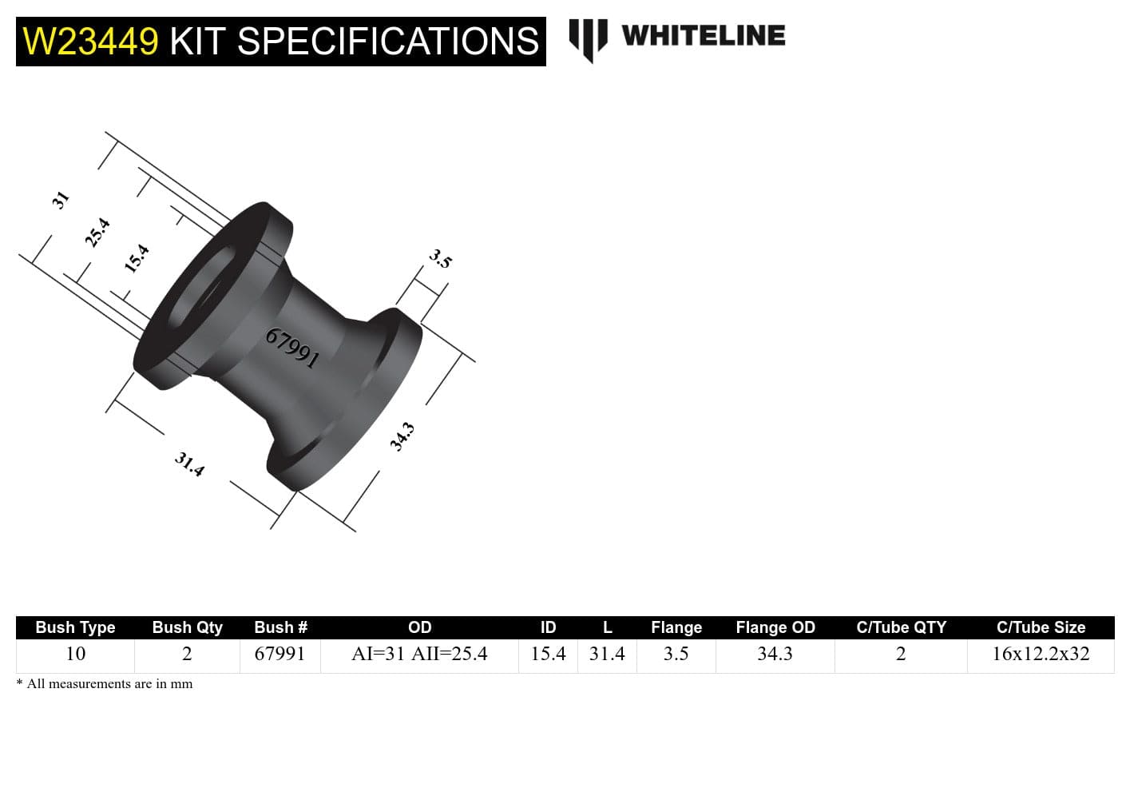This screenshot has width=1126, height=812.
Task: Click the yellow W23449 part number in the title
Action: pyautogui.click(x=91, y=42)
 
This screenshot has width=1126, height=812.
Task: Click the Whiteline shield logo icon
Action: pyautogui.click(x=589, y=38)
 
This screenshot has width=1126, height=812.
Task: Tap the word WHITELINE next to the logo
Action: pyautogui.click(x=703, y=36)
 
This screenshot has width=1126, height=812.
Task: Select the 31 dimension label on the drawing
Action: pyautogui.click(x=61, y=199)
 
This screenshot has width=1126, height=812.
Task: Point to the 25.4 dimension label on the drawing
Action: pyautogui.click(x=97, y=233)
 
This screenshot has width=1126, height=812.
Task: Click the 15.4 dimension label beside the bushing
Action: pyautogui.click(x=137, y=258)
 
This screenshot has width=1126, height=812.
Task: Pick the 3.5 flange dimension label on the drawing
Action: pyautogui.click(x=440, y=258)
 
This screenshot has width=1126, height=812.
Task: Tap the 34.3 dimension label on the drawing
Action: pyautogui.click(x=402, y=437)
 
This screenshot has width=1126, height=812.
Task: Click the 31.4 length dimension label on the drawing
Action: pyautogui.click(x=189, y=464)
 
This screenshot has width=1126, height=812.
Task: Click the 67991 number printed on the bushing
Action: pyautogui.click(x=292, y=348)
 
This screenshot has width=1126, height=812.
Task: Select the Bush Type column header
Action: pyautogui.click(x=75, y=627)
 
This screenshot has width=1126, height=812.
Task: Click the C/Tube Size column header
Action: pyautogui.click(x=1041, y=627)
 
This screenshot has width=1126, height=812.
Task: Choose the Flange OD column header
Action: pyautogui.click(x=775, y=627)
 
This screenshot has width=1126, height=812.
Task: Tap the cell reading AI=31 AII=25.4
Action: pyautogui.click(x=419, y=654)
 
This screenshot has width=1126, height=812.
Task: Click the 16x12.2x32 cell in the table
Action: pyautogui.click(x=1041, y=654)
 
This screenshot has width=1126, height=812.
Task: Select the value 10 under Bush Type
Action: pyautogui.click(x=75, y=654)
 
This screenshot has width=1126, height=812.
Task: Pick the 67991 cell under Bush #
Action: pyautogui.click(x=280, y=654)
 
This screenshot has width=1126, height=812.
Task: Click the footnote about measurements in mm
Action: pyautogui.click(x=105, y=684)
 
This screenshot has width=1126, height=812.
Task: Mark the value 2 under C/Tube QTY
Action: pyautogui.click(x=901, y=654)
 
